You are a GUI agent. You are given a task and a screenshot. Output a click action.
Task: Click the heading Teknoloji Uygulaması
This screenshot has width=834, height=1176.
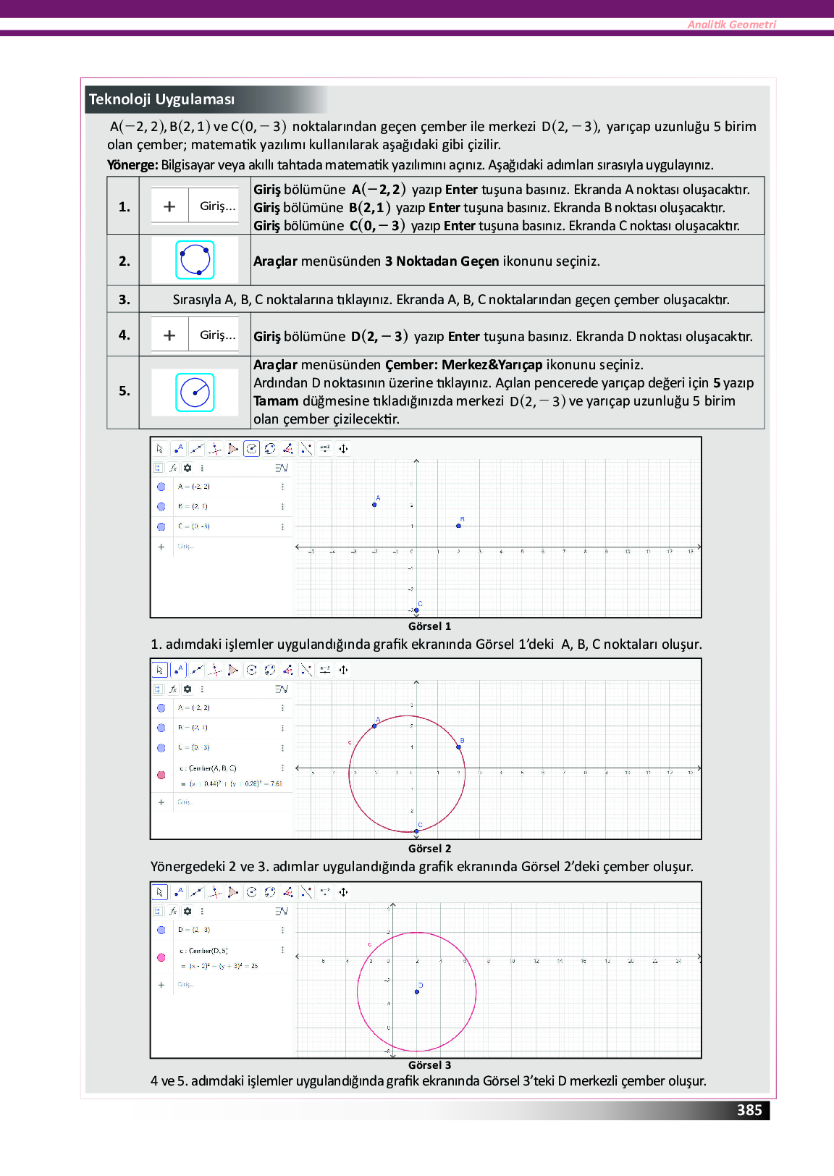(161, 99)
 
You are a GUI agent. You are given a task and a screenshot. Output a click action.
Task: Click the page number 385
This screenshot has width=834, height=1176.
(749, 1110)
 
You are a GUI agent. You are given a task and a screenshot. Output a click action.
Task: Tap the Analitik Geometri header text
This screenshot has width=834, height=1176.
(731, 25)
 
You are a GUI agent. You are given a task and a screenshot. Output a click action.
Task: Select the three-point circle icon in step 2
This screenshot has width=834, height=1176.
(195, 260)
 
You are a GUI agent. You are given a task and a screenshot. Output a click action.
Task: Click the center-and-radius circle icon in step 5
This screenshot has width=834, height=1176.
(195, 392)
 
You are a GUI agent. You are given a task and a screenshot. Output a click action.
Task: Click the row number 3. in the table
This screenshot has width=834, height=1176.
(125, 299)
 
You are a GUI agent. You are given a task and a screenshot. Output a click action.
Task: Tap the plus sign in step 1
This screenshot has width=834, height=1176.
(169, 206)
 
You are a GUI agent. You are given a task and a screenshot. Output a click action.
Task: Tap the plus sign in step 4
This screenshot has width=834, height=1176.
(169, 335)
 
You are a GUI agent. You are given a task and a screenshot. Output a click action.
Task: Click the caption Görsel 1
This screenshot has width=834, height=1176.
(429, 626)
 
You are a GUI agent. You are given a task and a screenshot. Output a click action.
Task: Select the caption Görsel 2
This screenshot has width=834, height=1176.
(429, 849)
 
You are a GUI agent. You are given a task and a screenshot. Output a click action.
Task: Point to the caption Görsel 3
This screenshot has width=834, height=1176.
(429, 1065)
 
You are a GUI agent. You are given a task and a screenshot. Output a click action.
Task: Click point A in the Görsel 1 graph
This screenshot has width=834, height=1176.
(374, 505)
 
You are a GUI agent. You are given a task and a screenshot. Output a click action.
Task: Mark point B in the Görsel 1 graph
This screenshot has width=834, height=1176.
(458, 526)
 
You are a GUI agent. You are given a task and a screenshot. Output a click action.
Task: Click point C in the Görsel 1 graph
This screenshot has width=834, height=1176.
(416, 610)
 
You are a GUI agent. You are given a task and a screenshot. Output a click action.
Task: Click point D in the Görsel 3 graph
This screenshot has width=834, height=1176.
(417, 991)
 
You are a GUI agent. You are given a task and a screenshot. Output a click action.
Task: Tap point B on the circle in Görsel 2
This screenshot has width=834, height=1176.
(458, 747)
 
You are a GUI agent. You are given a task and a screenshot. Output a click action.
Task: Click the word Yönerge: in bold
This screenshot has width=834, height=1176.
(132, 165)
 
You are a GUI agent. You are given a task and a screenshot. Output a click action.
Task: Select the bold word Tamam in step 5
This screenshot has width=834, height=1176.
(276, 401)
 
